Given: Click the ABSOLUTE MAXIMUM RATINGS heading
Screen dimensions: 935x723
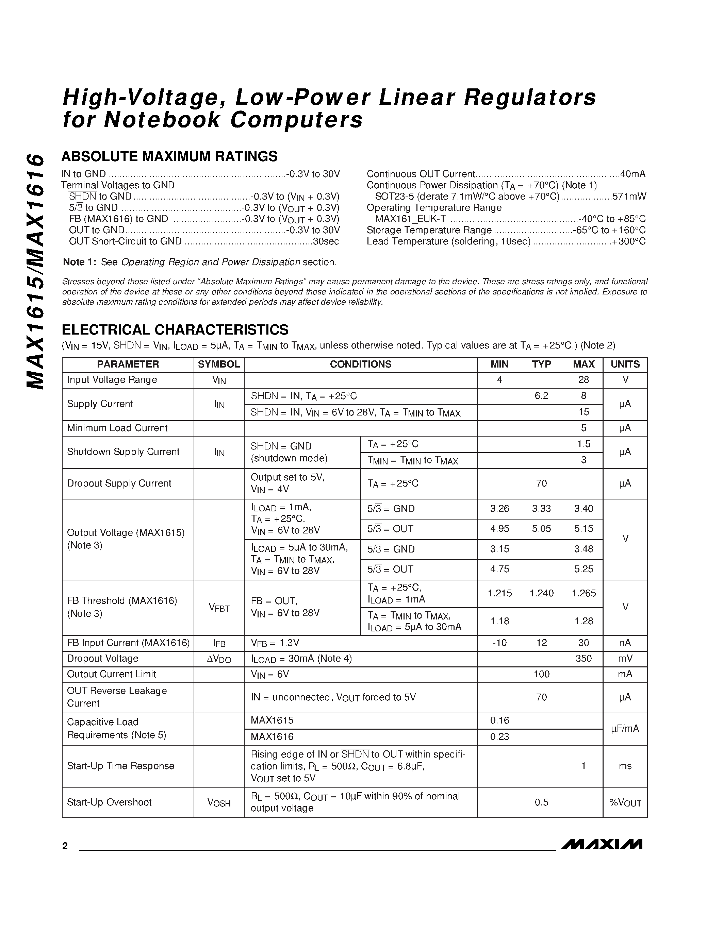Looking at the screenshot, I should point(170,156).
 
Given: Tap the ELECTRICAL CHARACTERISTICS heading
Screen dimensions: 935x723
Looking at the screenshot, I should point(175,330).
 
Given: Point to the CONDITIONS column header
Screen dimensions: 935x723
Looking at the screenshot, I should point(360,364).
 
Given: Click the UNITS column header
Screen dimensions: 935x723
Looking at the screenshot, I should point(625,364).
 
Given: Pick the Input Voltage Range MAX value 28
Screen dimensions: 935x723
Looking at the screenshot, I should point(584,380).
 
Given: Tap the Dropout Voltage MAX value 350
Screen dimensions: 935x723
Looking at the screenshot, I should point(584,659).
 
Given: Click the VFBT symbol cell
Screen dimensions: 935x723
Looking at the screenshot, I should point(219,608).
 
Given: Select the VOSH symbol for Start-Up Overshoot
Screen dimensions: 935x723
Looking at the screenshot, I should point(219,803).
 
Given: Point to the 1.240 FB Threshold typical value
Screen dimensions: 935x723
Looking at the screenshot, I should point(541,593).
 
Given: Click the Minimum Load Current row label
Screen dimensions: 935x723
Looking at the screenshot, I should point(117,428).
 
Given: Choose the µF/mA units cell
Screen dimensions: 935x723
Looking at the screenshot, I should point(625,728).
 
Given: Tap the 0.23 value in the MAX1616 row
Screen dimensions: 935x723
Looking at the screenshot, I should point(499,736).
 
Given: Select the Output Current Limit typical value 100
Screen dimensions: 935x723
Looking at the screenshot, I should point(541,674).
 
